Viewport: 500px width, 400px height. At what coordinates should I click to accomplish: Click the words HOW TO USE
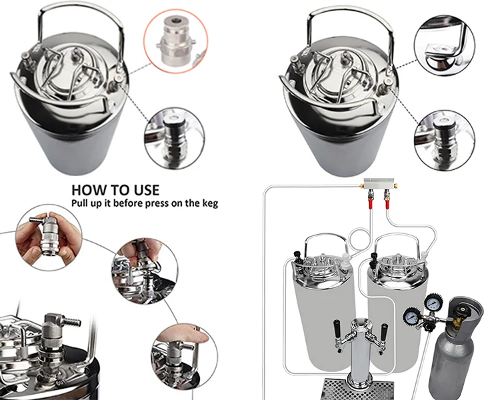[115, 190]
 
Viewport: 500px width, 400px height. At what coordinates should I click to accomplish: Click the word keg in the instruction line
[210, 203]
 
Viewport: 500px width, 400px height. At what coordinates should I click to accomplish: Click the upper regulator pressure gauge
[433, 301]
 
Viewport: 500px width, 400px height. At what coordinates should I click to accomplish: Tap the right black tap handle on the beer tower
[385, 331]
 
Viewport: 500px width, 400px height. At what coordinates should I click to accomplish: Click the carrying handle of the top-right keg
[351, 22]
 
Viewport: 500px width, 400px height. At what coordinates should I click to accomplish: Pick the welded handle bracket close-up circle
[445, 45]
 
